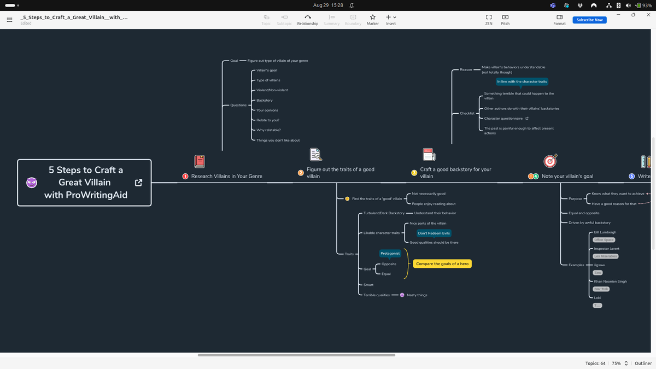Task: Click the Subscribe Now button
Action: pos(589,20)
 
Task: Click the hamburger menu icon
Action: pos(9,20)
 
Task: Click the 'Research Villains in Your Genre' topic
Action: pos(226,176)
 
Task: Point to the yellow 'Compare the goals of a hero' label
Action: pos(442,264)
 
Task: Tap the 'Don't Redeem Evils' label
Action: pos(434,233)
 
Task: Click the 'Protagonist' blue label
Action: pos(390,254)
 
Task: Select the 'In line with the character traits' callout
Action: pos(522,81)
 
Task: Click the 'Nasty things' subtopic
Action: pos(417,295)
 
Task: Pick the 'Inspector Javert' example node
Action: pos(606,249)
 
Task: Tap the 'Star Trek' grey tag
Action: pos(601,289)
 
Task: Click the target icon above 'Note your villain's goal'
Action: pos(550,161)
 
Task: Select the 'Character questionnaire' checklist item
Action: pos(503,119)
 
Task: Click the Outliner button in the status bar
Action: pos(643,364)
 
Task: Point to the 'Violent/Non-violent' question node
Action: pos(272,90)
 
